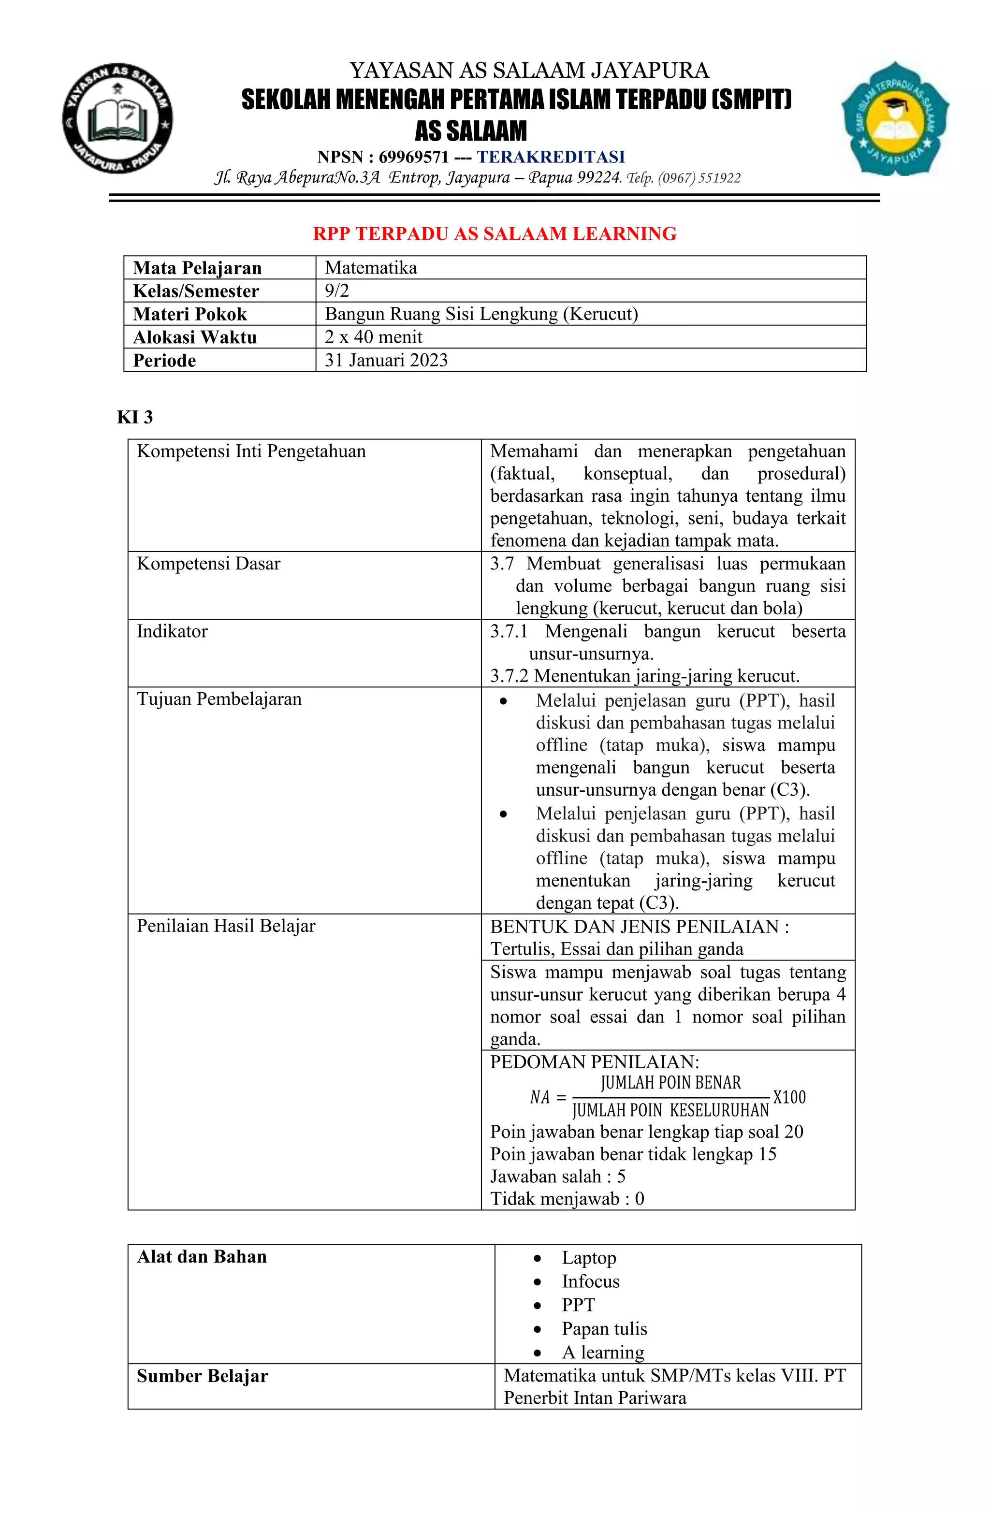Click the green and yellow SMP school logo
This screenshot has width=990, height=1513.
895,118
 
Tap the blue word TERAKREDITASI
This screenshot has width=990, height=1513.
551,157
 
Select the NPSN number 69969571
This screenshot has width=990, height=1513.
413,157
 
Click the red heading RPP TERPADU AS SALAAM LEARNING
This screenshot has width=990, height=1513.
494,233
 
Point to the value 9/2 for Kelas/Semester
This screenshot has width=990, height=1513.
336,291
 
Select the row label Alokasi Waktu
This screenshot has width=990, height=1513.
194,337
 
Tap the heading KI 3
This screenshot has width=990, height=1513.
135,417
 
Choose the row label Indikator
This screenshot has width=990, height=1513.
172,631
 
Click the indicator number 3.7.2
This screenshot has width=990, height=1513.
509,676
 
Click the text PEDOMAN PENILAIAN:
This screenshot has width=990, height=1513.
594,1062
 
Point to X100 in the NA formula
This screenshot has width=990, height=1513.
788,1097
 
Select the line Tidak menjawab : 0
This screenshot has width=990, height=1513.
567,1198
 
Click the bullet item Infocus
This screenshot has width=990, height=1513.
590,1281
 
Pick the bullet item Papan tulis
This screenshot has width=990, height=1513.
604,1329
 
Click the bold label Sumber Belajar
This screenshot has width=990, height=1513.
202,1376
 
